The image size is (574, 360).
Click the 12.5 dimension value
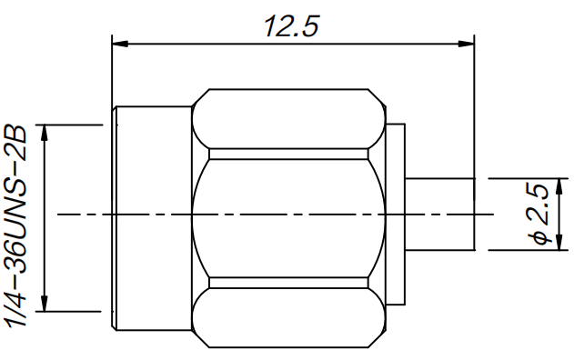[x=291, y=26]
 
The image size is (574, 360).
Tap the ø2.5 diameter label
[x=539, y=214]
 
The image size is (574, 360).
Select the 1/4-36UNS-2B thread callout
[x=15, y=225]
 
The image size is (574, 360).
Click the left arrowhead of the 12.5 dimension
[x=120, y=44]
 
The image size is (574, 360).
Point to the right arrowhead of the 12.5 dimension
[x=466, y=44]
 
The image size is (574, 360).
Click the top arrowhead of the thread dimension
[x=45, y=133]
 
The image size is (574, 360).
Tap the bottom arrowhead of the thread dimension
[x=45, y=304]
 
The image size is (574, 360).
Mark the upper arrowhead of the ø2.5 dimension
[x=559, y=186]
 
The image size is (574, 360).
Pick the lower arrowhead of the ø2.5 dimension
[x=559, y=242]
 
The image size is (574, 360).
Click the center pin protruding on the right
[x=440, y=215]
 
